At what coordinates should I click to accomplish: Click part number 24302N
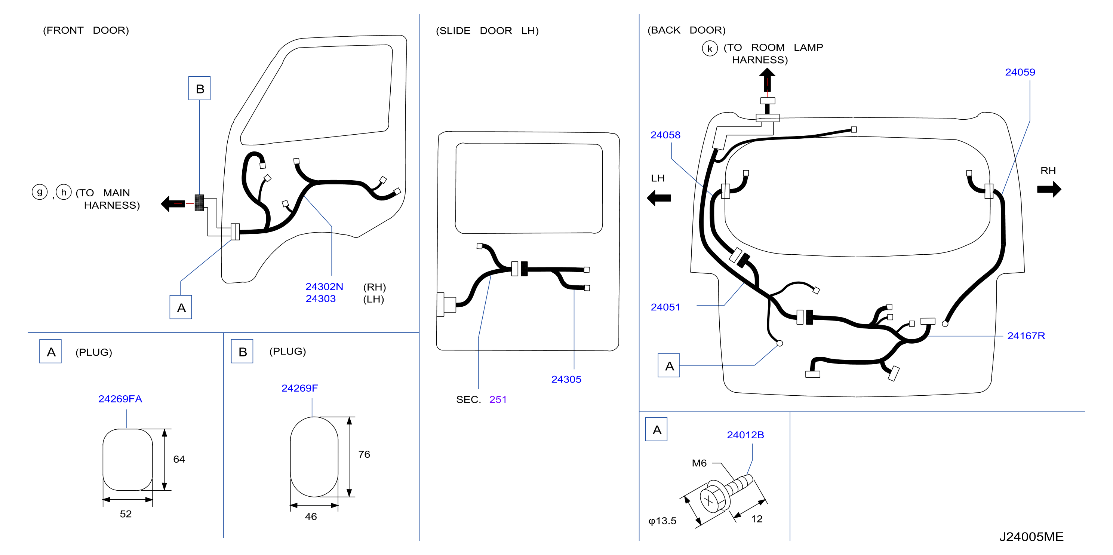[324, 286]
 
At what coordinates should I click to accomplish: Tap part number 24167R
[1026, 336]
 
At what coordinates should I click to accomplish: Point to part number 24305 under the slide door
[566, 379]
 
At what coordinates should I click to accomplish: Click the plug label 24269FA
[120, 399]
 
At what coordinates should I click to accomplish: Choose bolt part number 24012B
[745, 435]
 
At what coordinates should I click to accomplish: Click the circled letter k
[710, 48]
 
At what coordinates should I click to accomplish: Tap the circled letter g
[39, 191]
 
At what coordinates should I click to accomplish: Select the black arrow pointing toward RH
[1049, 189]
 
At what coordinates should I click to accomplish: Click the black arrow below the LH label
[659, 198]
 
